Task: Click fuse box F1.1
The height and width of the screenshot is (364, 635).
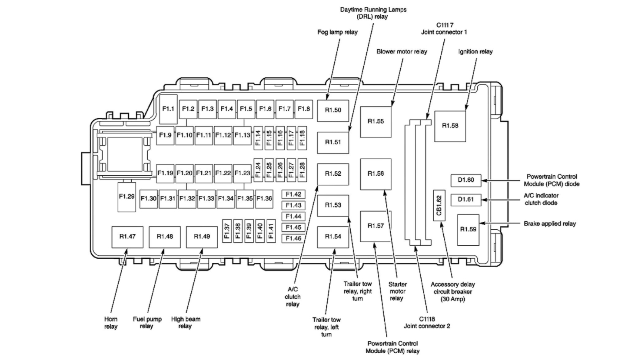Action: coord(168,109)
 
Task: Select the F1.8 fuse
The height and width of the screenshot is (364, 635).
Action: coord(304,109)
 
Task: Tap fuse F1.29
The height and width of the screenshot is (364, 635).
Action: coord(126,197)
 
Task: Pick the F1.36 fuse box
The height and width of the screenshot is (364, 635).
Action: coord(264,198)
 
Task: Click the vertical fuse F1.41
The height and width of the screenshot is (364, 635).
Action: coord(271,231)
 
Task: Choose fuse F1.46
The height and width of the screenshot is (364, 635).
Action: coord(293,238)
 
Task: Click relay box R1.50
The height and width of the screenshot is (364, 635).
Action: coord(333,110)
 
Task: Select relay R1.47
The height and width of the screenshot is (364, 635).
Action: coord(127,237)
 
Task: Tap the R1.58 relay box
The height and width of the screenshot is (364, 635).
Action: coord(450,126)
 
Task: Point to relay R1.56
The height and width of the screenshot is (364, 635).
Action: coord(376,174)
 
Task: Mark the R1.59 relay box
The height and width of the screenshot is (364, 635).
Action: coord(468,229)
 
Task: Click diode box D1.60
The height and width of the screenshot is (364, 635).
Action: coord(465,180)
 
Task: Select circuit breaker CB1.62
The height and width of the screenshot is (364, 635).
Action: coord(439,205)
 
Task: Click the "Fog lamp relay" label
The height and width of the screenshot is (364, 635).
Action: coord(337,32)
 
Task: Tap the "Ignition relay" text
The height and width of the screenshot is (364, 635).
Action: coord(475,51)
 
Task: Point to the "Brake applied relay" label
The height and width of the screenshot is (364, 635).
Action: coord(549,224)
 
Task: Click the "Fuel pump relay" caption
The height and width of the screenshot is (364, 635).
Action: coord(147,322)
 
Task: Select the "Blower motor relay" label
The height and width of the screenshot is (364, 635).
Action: coord(402,51)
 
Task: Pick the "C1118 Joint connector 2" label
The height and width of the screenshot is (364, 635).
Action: coord(427,322)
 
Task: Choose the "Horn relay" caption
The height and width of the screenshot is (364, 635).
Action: coord(111,323)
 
